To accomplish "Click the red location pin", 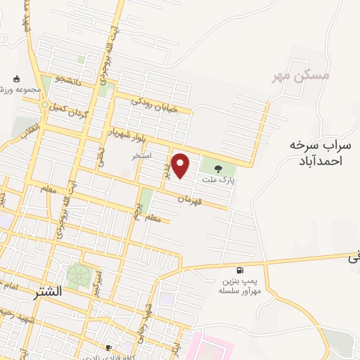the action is click(181, 165).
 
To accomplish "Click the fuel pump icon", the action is click(241, 270).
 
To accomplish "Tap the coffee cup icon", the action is click(108, 347).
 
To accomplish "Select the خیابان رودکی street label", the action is click(160, 104).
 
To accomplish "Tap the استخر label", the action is click(142, 155).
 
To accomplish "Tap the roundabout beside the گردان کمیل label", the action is click(45, 106).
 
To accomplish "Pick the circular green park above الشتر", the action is click(79, 275).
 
